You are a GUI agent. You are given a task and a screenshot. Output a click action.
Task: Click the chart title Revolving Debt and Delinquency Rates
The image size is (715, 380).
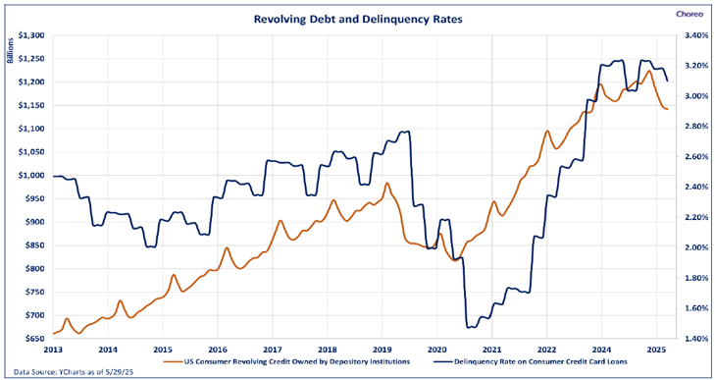pos(358,20)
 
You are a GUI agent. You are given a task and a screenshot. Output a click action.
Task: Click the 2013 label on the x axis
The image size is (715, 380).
pos(53,350)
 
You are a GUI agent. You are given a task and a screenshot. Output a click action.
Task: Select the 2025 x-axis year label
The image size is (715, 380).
pos(656,350)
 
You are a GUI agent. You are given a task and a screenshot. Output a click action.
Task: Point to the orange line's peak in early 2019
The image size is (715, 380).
pos(386,184)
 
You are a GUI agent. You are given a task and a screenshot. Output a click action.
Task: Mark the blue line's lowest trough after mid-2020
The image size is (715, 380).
pos(471,327)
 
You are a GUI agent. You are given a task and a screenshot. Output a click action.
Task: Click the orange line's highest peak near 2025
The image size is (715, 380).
pos(648,71)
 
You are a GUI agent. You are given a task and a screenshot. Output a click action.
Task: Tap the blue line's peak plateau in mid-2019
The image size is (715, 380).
pos(404,132)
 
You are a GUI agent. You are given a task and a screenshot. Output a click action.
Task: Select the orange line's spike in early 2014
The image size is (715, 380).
pos(120,300)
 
